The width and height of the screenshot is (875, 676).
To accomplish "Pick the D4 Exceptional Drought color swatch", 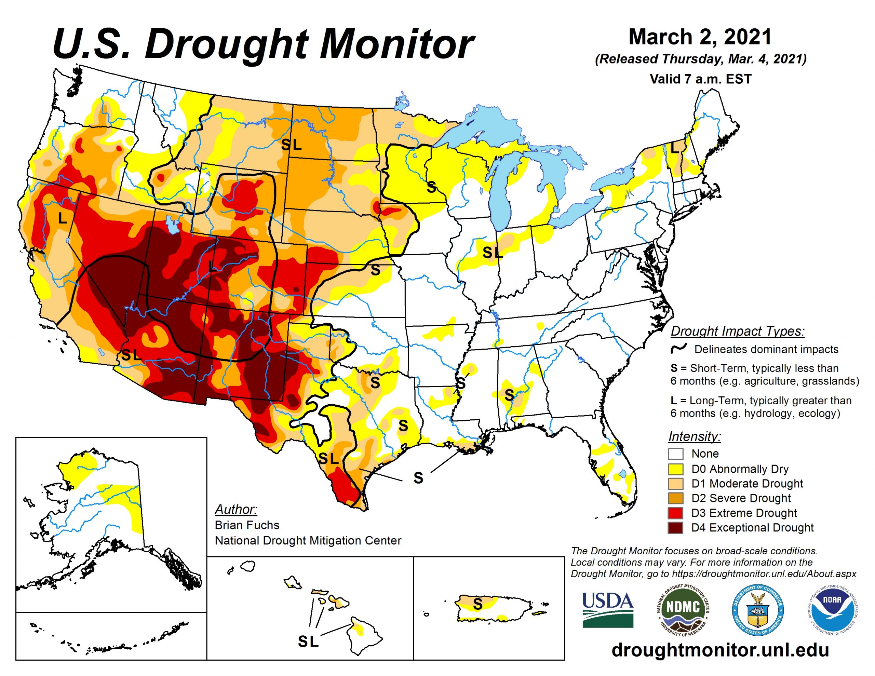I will [x=675, y=528].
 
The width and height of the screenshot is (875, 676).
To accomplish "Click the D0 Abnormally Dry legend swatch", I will [x=675, y=469].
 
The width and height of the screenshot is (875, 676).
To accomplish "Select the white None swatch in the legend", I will [x=675, y=454].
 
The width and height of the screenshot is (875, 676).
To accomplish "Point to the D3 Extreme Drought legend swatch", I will [x=675, y=513].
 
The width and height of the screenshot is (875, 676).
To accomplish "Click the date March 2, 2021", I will [x=700, y=37].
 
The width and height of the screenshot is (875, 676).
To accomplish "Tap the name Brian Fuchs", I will [x=247, y=525].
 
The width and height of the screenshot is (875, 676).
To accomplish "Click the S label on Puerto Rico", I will [x=477, y=604].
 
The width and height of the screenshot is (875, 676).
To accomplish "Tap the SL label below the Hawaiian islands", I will [x=308, y=641].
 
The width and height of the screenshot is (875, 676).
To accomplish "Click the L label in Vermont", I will [x=674, y=148].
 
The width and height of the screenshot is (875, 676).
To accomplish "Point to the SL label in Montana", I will [x=291, y=145].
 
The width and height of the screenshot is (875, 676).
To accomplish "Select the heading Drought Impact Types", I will [x=737, y=332].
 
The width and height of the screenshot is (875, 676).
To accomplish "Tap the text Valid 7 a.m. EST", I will [x=700, y=79].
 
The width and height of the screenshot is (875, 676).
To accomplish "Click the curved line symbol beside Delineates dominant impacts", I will [x=679, y=349].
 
